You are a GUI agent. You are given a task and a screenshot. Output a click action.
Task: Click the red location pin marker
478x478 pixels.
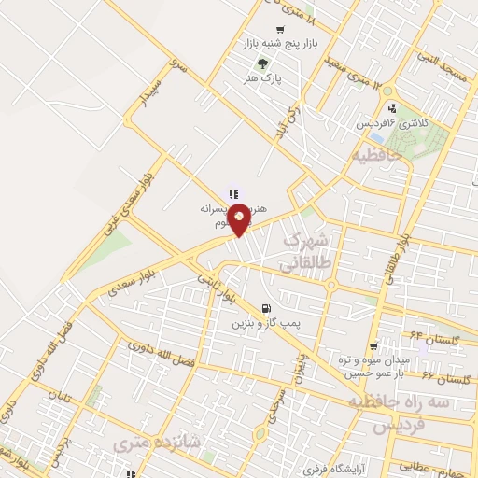point(239,218)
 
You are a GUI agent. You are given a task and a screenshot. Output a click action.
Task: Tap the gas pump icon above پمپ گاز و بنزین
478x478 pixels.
point(269,308)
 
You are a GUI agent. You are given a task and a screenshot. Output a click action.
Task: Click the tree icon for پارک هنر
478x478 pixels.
point(262,63)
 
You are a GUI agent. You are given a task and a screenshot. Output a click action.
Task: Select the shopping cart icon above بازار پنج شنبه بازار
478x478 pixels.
point(279,30)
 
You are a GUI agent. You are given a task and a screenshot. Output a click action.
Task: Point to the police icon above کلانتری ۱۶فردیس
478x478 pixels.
point(391,108)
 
